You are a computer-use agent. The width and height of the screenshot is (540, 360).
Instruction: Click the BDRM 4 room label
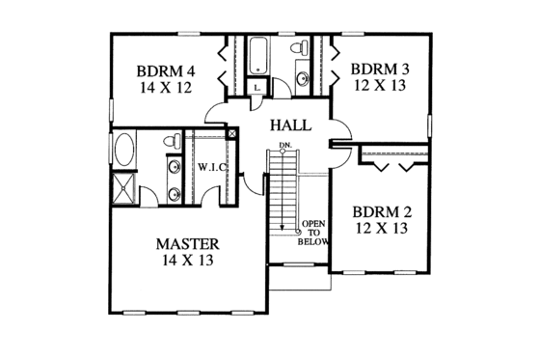coord(166,70)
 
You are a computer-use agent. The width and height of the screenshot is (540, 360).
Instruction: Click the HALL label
coord(289,125)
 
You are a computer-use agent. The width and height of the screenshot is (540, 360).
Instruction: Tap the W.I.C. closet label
coord(212,168)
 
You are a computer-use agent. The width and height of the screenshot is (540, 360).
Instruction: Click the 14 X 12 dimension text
coord(166,88)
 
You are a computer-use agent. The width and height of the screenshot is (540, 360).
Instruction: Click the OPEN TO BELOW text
coord(314,232)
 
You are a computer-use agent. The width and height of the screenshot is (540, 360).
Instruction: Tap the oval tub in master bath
coord(125,151)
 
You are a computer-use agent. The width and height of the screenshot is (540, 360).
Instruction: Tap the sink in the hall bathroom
coord(303,78)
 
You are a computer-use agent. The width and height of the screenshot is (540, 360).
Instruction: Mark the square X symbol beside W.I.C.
coord(232,135)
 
